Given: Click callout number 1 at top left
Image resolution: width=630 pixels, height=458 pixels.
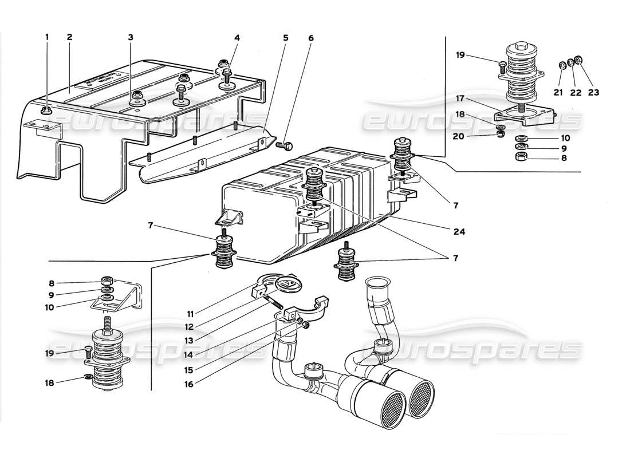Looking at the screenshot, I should [48, 37].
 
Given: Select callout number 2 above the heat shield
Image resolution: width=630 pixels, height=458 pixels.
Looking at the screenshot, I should [69, 37].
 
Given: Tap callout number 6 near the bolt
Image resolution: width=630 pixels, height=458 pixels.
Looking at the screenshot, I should [131, 37].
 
